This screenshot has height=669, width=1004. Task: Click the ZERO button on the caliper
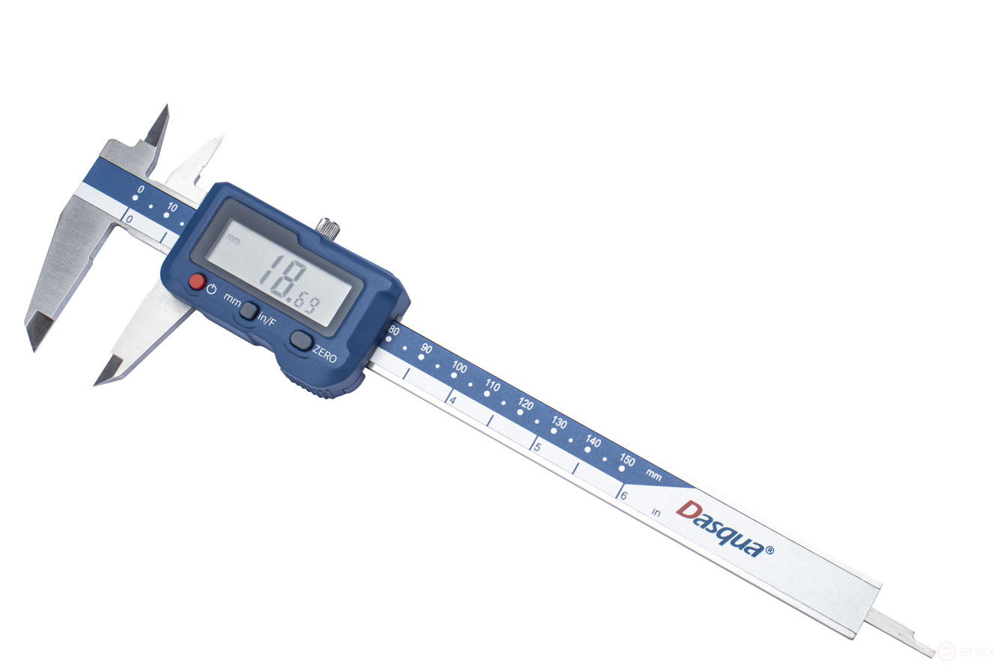click(301, 341)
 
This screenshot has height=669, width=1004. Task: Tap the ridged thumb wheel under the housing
click(315, 387)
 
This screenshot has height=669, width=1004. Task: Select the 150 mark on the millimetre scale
click(627, 460)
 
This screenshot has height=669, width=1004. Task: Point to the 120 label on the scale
click(526, 404)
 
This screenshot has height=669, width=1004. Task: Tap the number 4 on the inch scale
click(453, 400)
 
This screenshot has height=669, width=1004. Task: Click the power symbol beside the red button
click(212, 289)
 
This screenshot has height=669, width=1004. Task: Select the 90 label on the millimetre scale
click(426, 348)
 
